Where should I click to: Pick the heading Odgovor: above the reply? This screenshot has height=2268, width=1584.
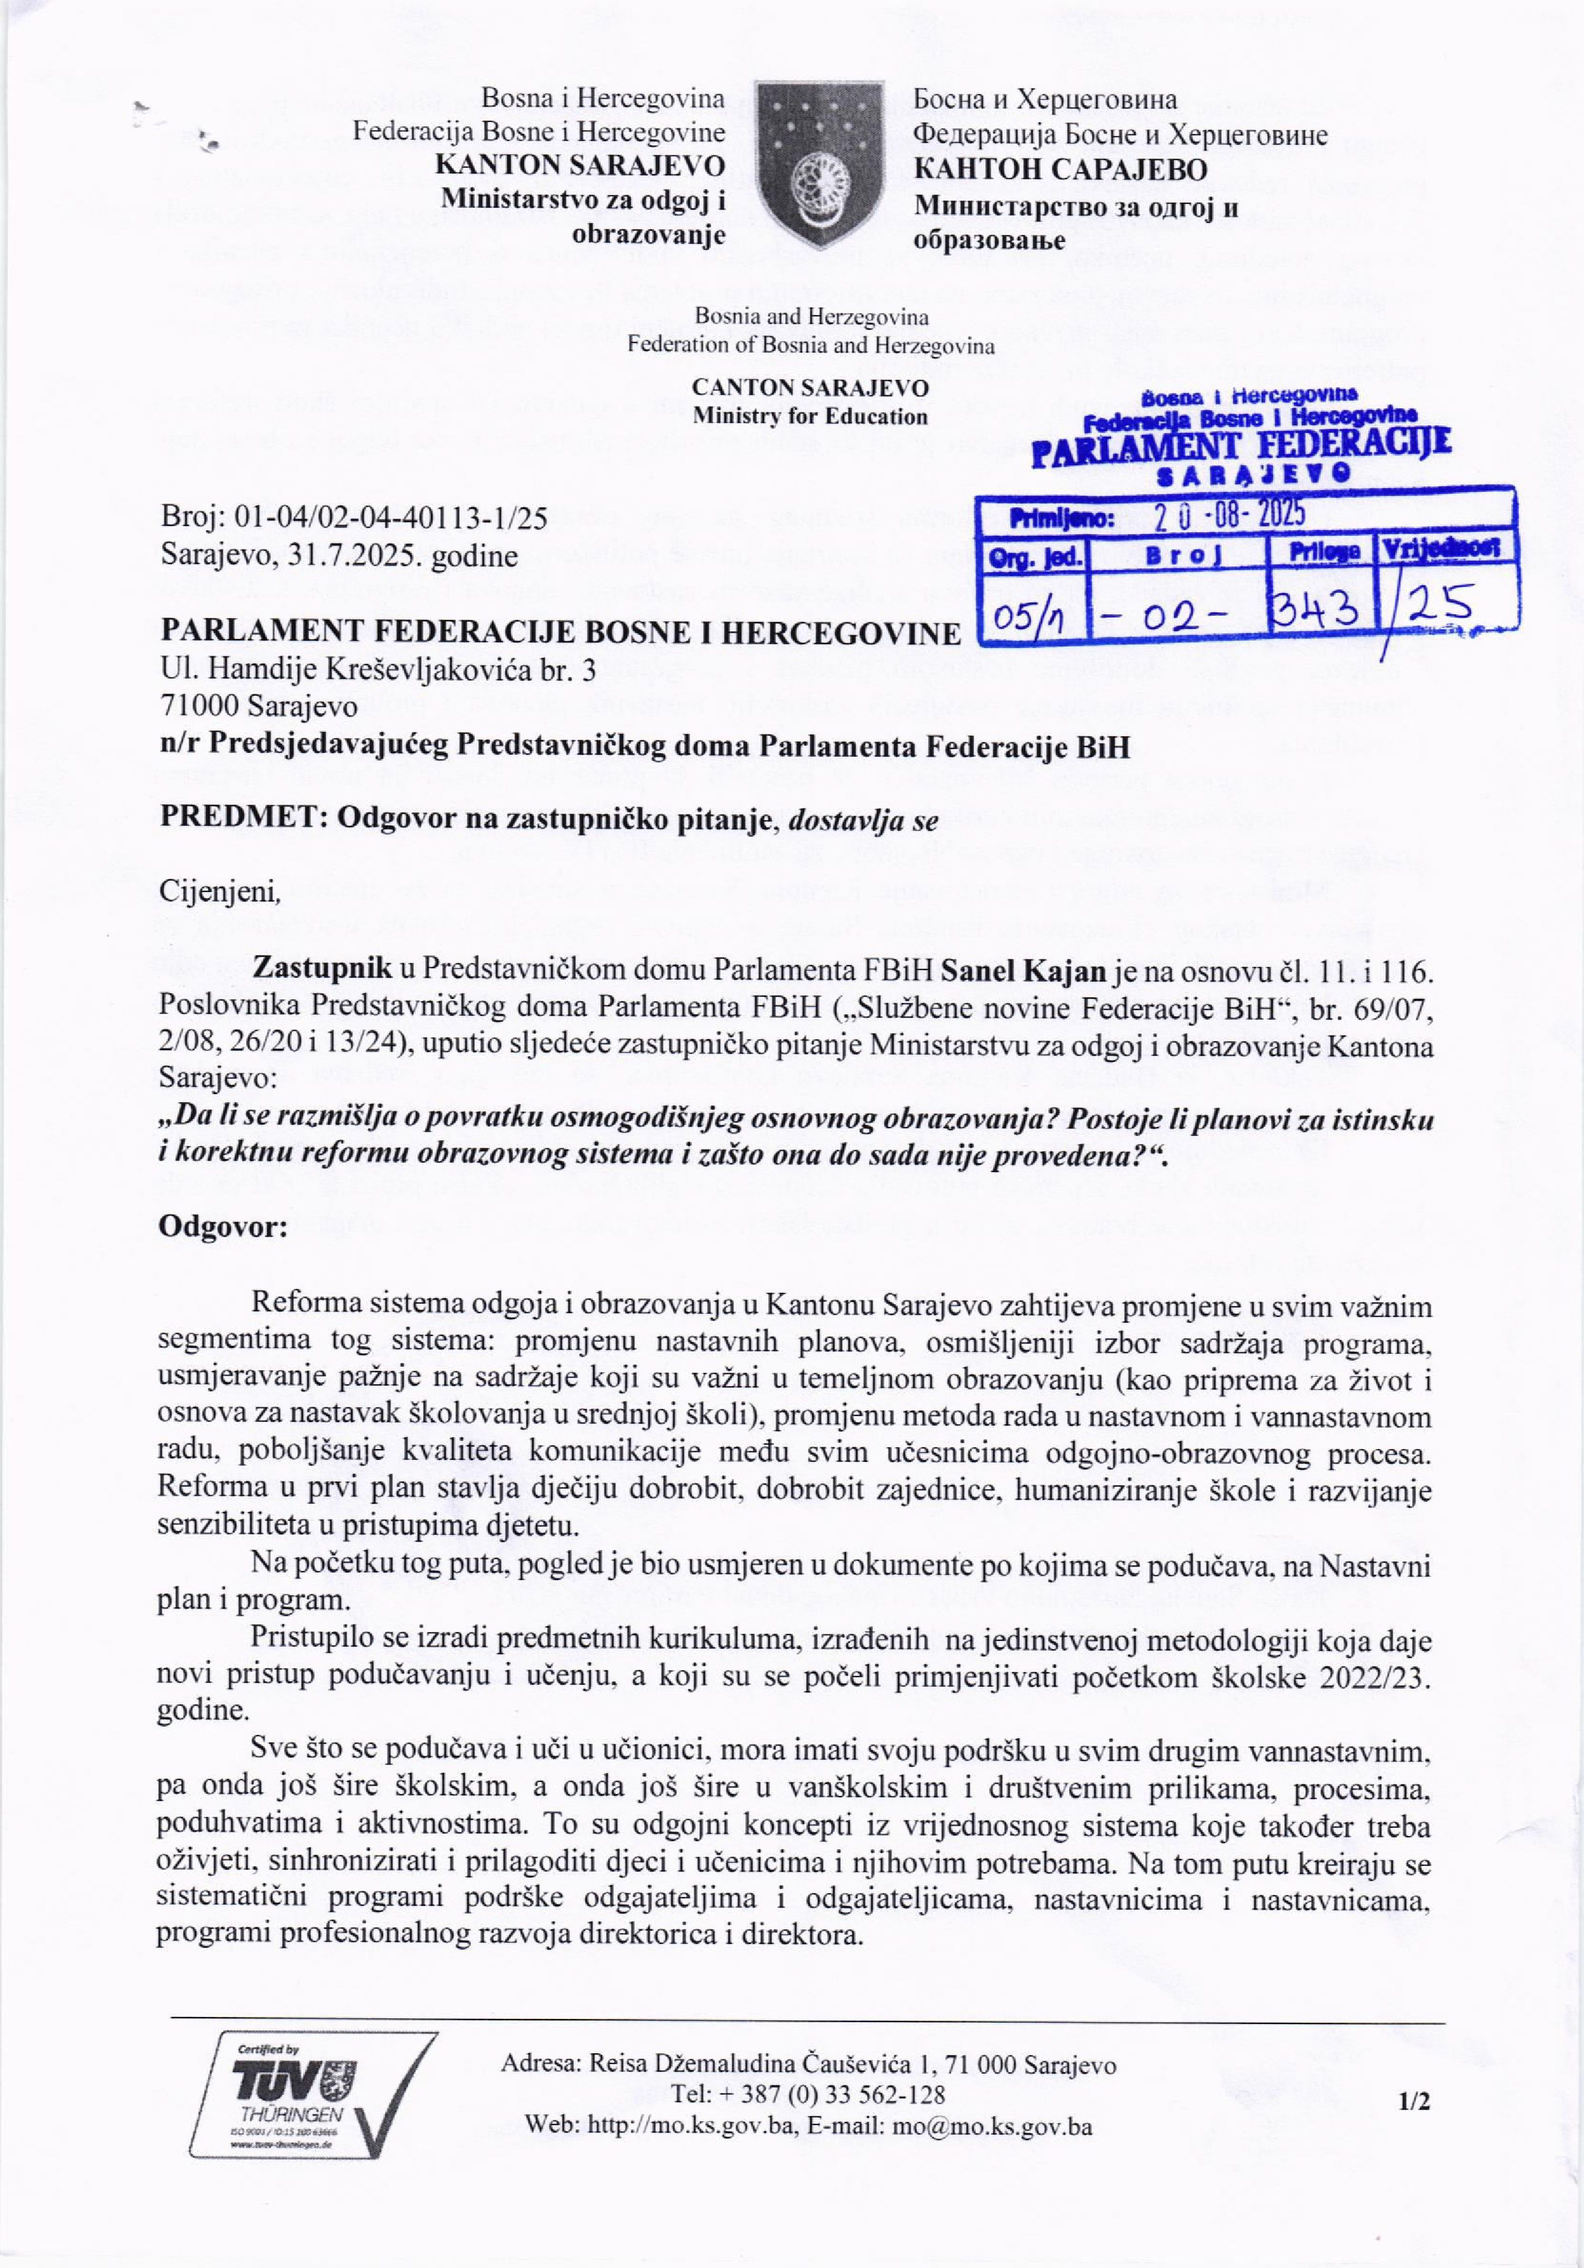click(x=222, y=1228)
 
